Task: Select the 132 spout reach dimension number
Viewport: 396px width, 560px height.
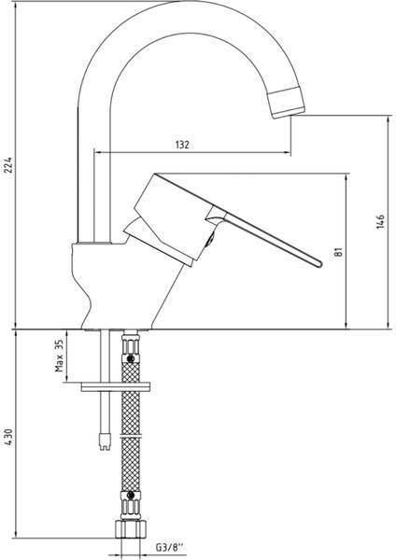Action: click(183, 145)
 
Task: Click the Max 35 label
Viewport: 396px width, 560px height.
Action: click(58, 356)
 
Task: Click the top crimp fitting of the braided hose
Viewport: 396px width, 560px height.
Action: click(131, 351)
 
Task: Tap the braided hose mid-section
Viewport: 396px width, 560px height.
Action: click(132, 429)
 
